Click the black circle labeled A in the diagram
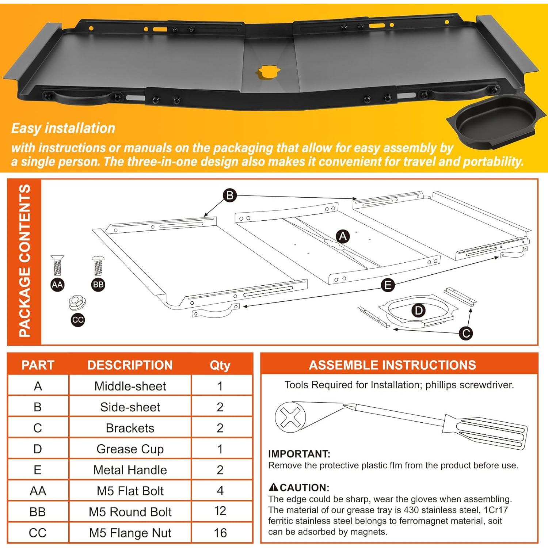click(x=343, y=236)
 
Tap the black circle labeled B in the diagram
click(x=230, y=195)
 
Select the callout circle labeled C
click(x=466, y=333)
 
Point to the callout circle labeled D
click(x=418, y=311)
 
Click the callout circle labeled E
click(x=388, y=285)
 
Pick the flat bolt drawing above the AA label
click(x=57, y=265)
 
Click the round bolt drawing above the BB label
click(x=98, y=266)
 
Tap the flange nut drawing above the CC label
click(x=77, y=302)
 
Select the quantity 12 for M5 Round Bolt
click(x=220, y=511)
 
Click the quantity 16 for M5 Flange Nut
click(x=220, y=533)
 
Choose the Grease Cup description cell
click(x=130, y=449)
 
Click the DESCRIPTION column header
click(x=130, y=365)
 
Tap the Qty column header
click(x=220, y=365)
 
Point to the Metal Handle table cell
click(x=130, y=470)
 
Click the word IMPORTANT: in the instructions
click(x=299, y=454)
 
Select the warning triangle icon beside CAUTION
click(x=273, y=487)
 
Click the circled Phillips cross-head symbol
click(x=290, y=417)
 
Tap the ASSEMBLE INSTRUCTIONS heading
click(x=392, y=365)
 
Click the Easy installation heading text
click(x=63, y=128)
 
